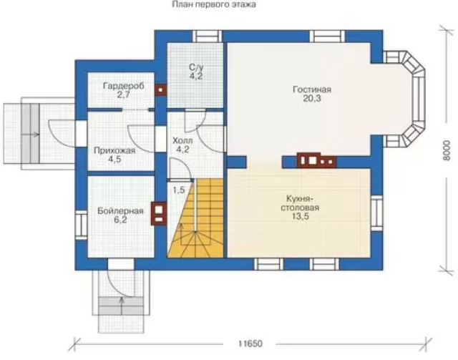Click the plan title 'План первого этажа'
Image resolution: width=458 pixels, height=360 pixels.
pos(214,4)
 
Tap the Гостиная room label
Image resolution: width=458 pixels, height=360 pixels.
pos(312,89)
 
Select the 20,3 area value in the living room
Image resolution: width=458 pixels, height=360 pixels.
pos(312,99)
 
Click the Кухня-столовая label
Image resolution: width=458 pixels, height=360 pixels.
pos(300,203)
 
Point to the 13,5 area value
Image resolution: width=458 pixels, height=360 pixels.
pos(300,217)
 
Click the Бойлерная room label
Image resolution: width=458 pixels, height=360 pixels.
pos(120,210)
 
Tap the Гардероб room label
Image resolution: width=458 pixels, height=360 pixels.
pos(124,86)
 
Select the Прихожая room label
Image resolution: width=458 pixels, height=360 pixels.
pos(114,150)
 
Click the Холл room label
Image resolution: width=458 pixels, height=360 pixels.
pos(182,140)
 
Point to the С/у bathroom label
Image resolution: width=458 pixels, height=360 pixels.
pos(196,67)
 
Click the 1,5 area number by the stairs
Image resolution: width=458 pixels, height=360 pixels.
pos(179,190)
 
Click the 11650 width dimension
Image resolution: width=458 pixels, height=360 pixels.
pos(250,344)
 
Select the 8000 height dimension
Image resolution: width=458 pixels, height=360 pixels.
pos(446,150)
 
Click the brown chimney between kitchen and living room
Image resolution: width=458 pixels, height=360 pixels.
pos(316,160)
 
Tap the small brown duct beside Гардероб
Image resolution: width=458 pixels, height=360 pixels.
pos(160,90)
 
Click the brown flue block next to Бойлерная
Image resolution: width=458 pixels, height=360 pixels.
pos(159,213)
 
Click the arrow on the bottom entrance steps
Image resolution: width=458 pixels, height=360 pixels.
pos(121,306)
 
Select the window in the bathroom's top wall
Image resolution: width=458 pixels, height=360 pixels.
pos(208,37)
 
